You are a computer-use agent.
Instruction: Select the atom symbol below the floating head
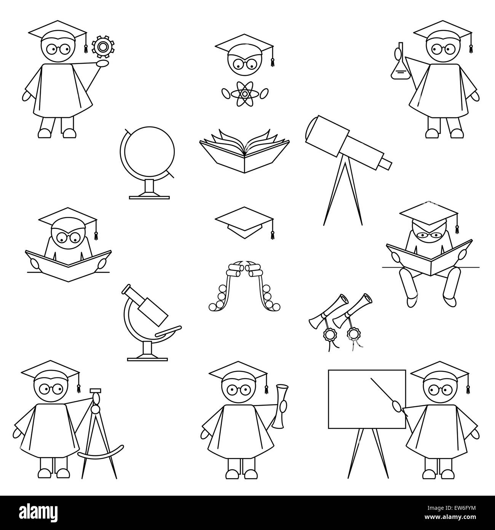click(244, 93)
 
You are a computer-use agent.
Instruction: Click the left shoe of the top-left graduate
click(45, 133)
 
